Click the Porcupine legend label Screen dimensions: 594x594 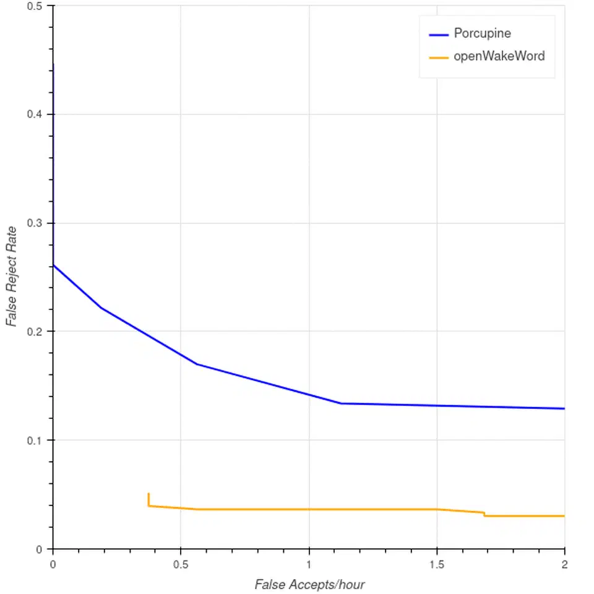tap(482, 33)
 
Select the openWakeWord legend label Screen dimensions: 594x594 tap(499, 56)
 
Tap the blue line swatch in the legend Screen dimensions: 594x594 tap(439, 35)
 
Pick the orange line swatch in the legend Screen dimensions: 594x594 tap(439, 58)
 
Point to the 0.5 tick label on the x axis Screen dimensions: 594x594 tap(181, 564)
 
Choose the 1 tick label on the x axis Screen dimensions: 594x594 tap(309, 564)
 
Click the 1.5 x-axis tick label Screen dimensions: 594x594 tap(437, 564)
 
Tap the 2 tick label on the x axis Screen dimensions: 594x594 tap(564, 564)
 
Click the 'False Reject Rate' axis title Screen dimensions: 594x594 tap(12, 277)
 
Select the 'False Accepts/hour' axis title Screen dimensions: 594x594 tap(309, 585)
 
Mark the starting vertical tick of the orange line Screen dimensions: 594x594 tap(148, 499)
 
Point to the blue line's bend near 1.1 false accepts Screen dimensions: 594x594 tap(341, 403)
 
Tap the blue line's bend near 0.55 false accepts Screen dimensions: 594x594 tap(197, 364)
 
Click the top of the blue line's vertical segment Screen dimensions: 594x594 tap(53, 64)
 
